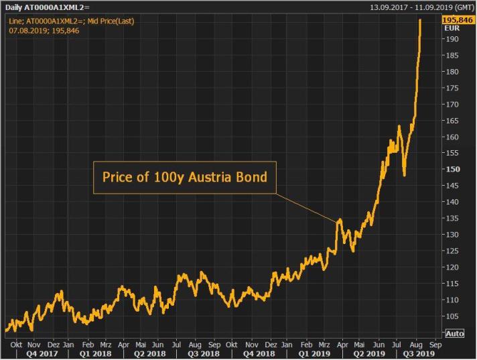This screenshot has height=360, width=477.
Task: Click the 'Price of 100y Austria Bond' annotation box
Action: click(184, 178)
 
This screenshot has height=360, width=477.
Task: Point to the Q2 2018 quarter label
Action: click(149, 353)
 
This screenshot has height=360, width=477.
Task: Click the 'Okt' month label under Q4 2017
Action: click(16, 343)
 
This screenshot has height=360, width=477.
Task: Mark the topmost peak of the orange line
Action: click(420, 20)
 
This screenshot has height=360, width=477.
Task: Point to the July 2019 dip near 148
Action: click(404, 176)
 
